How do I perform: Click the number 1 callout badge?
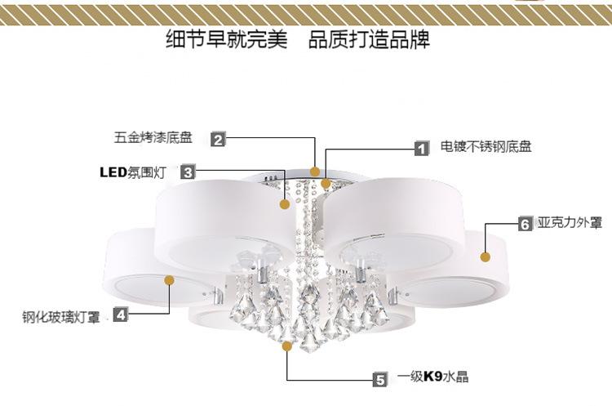(x=421, y=149)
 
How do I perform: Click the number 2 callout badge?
(x=218, y=139)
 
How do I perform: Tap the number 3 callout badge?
(x=188, y=172)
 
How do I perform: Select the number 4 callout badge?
(x=120, y=314)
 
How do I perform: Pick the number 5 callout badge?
(x=380, y=378)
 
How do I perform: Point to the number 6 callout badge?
(x=526, y=222)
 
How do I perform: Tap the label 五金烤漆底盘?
(x=153, y=137)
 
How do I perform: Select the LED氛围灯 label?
(x=133, y=172)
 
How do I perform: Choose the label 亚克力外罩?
(x=570, y=221)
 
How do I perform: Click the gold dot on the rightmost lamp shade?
(x=485, y=257)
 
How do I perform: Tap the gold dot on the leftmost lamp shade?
(x=170, y=279)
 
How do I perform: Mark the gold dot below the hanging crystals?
(x=286, y=346)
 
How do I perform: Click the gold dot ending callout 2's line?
(x=315, y=171)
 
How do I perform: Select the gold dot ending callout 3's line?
(x=285, y=204)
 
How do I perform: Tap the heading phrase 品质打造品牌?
(x=369, y=39)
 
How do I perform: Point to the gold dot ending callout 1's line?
(x=326, y=183)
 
